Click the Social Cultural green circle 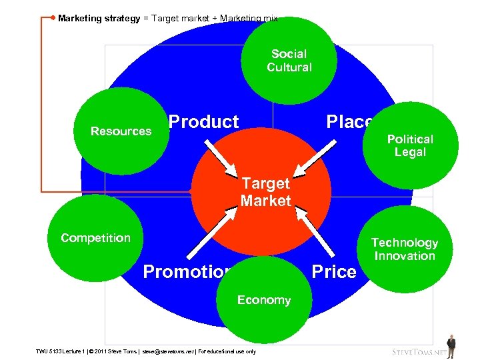point(289,61)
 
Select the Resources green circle point(121,131)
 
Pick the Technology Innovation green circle point(405,249)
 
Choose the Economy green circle point(264,300)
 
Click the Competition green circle point(95,238)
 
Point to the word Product point(203,122)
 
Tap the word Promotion point(187,272)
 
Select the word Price point(334,272)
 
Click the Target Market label point(266,192)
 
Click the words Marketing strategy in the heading point(99,19)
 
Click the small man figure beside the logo point(451,346)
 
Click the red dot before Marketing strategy point(53,18)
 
